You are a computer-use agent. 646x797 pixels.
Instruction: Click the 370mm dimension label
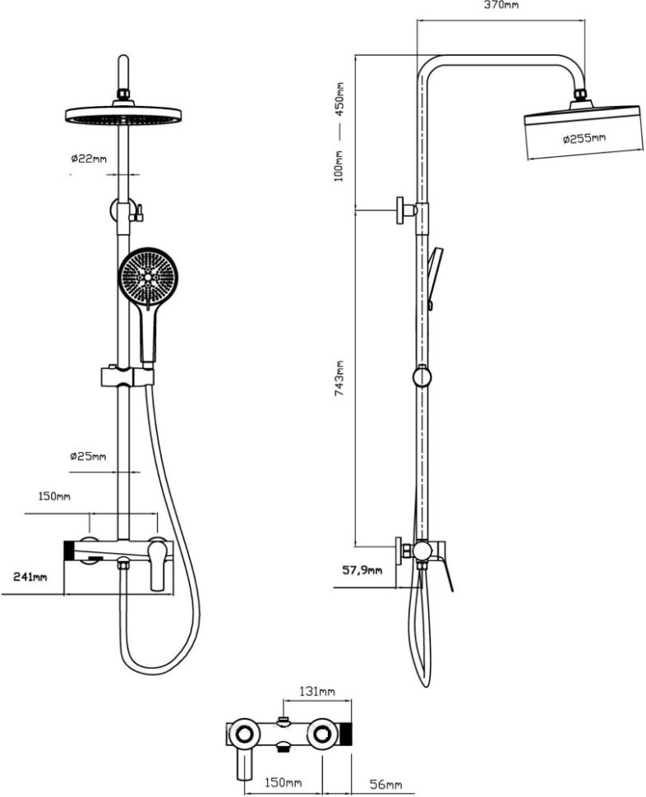pos(501,6)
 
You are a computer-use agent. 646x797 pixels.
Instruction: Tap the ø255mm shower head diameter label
pos(584,139)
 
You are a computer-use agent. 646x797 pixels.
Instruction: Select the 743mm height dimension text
pos(339,378)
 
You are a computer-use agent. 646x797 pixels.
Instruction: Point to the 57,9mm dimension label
pos(362,569)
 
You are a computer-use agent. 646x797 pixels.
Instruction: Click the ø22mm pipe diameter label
pos(88,157)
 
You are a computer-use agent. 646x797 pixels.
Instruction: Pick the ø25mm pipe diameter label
pos(88,456)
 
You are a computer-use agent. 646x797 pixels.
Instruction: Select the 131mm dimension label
pos(316,692)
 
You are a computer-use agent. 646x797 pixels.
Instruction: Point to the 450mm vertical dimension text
pos(339,98)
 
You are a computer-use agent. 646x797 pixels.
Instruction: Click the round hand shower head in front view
pos(148,278)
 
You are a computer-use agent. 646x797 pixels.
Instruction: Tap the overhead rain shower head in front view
pos(122,116)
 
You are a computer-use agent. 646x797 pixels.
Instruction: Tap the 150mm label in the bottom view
pos(284,782)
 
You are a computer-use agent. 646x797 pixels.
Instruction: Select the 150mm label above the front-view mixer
pos(55,497)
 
